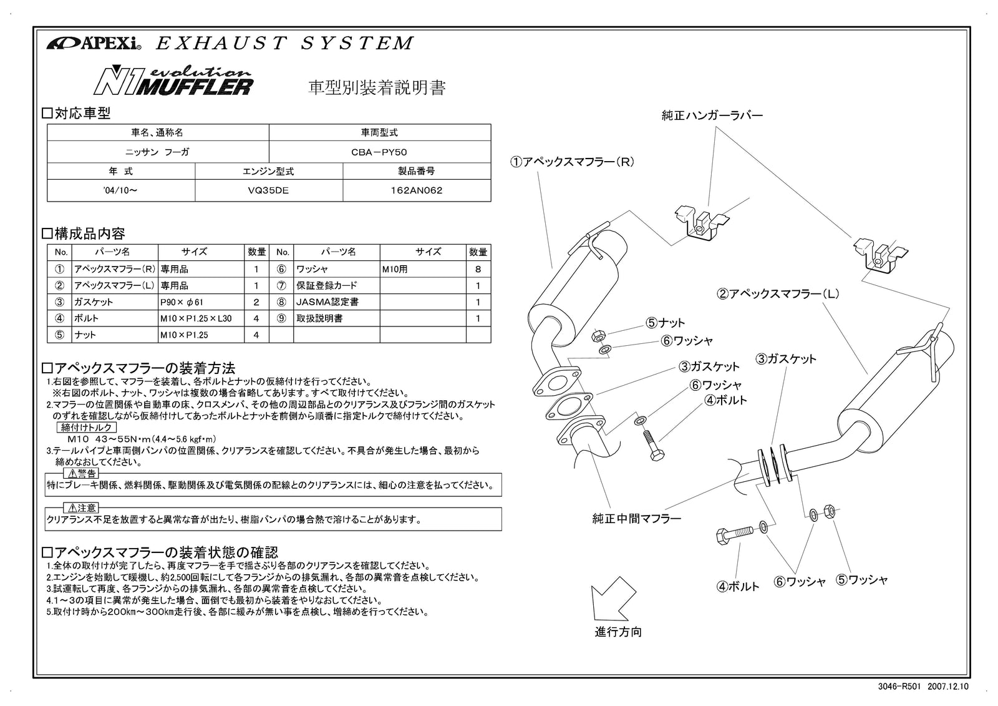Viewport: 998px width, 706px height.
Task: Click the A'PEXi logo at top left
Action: coord(94,44)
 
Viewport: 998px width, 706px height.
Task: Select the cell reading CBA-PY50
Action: coord(379,152)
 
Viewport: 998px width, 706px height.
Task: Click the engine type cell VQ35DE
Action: coord(268,190)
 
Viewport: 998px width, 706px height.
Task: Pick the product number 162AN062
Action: coord(416,190)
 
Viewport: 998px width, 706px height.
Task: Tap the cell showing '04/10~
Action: coord(121,190)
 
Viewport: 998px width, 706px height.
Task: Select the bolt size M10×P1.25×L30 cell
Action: coord(195,318)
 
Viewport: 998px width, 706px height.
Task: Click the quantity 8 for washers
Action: coord(478,269)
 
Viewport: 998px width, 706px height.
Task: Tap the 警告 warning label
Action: coord(82,474)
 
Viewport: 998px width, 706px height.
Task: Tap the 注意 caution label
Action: coord(82,508)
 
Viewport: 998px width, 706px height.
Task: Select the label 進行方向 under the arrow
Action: coord(618,632)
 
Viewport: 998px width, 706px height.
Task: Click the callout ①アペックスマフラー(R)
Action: coord(572,162)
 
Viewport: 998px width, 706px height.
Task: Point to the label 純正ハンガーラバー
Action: coord(712,115)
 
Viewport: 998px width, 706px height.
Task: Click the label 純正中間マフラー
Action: coord(636,518)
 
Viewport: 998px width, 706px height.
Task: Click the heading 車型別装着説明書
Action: coord(377,87)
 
